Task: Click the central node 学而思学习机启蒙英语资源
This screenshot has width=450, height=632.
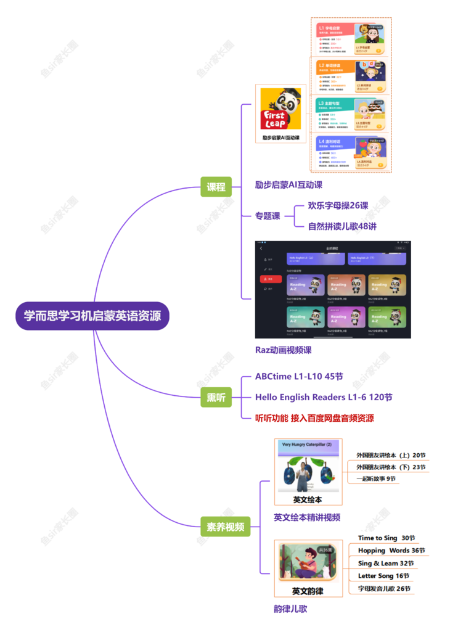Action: coord(92,316)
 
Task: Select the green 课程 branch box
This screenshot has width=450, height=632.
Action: coord(216,187)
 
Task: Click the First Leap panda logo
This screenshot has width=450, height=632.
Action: coord(280,109)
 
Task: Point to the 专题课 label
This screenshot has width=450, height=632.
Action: coord(268,216)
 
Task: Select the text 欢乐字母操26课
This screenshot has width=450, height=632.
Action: coord(338,205)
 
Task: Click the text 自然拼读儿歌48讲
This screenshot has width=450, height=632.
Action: coord(342,226)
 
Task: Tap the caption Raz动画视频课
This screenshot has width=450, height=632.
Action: coord(283,350)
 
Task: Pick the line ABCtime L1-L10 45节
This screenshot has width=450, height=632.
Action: coord(299,376)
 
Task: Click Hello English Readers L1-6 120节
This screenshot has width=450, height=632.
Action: coord(324,397)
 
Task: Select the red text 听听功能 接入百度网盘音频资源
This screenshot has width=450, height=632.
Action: coord(314,418)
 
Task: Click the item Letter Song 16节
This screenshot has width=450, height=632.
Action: coord(383,576)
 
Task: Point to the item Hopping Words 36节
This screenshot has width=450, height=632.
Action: coord(391,551)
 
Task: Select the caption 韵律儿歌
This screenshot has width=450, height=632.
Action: coord(290,609)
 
